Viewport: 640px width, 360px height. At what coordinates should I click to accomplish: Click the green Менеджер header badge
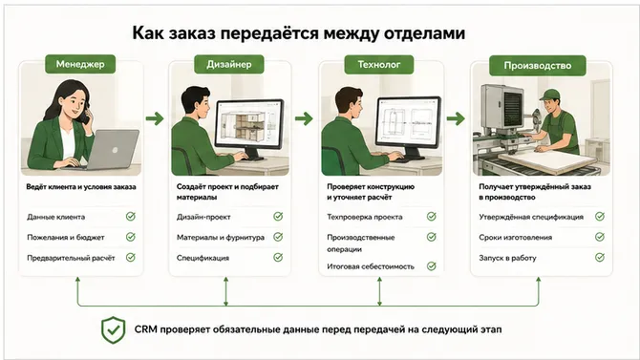pos(80,64)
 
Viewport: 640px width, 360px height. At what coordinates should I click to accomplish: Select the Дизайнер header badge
pos(229,64)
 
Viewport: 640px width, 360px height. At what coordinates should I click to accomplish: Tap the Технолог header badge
pos(379,65)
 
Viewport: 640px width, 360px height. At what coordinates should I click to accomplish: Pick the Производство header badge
pos(538,65)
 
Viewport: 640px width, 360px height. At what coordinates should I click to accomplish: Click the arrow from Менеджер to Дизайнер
pos(155,118)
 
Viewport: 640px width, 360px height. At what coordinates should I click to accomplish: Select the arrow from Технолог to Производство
pos(456,118)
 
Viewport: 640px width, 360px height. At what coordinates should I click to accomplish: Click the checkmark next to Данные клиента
pos(131,217)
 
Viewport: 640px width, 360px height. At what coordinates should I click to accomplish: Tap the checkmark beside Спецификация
pos(278,257)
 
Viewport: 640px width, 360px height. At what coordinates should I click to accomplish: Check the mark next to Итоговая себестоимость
pos(432,266)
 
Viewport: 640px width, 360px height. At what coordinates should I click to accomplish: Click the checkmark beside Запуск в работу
pos(600,257)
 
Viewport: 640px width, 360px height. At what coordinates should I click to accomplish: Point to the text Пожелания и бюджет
pos(66,237)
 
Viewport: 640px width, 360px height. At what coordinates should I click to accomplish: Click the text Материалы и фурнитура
pos(221,237)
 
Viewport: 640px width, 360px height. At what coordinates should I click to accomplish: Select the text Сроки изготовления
pos(516,237)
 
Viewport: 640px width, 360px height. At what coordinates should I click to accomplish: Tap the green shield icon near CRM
pos(113,329)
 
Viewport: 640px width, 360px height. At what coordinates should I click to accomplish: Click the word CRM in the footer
pos(146,329)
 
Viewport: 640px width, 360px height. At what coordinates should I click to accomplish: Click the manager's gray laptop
pos(113,149)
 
